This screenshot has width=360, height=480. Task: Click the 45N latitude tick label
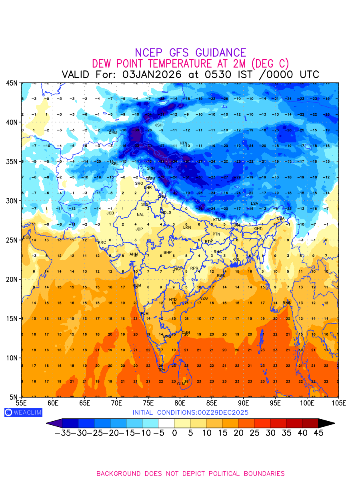click(x=11, y=83)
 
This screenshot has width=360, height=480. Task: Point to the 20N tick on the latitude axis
click(x=11, y=279)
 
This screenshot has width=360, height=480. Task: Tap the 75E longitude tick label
click(x=148, y=402)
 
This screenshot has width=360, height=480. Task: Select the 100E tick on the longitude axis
click(x=307, y=402)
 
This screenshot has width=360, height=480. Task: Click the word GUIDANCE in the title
click(x=221, y=53)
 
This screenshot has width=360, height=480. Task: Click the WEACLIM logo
click(x=23, y=412)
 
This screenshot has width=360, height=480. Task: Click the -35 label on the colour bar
click(x=63, y=433)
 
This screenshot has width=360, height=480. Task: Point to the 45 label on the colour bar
click(x=318, y=433)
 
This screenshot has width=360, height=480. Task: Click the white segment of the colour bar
click(x=166, y=423)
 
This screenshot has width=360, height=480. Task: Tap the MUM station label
click(x=137, y=286)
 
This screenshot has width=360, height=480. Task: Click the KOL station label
click(x=236, y=260)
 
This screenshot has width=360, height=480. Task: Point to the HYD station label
click(x=173, y=300)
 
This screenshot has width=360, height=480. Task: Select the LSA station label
click(x=254, y=204)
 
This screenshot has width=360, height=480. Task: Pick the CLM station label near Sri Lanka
click(x=181, y=384)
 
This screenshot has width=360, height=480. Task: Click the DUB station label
click(x=27, y=237)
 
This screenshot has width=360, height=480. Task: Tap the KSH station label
click(x=158, y=125)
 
